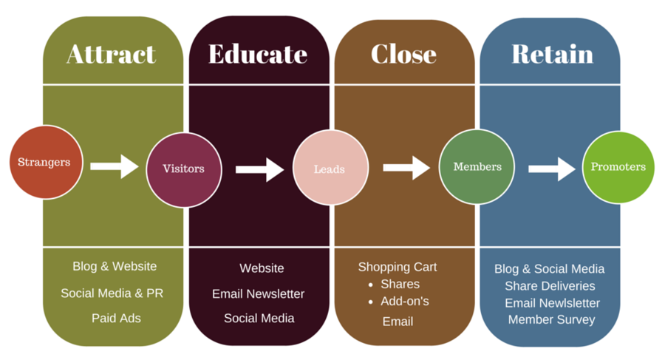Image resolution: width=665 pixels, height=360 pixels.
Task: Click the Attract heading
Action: pyautogui.click(x=112, y=54)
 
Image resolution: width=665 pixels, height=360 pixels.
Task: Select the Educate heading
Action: pyautogui.click(x=257, y=54)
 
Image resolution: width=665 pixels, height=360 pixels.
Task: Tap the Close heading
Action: pyautogui.click(x=403, y=54)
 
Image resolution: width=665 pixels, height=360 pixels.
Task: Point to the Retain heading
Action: pyautogui.click(x=552, y=54)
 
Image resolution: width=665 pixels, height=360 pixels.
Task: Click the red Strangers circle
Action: pyautogui.click(x=44, y=162)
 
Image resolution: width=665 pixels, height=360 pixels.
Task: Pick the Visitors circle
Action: pyautogui.click(x=183, y=169)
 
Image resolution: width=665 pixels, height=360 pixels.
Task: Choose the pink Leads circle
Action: pyautogui.click(x=330, y=169)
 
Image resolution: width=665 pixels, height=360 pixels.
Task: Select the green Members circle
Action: pyautogui.click(x=477, y=167)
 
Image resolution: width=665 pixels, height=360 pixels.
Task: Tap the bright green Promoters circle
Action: pyautogui.click(x=618, y=167)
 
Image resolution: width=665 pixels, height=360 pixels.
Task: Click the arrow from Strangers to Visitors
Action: pyautogui.click(x=115, y=166)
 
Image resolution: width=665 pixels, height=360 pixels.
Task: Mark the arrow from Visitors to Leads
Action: pyautogui.click(x=260, y=169)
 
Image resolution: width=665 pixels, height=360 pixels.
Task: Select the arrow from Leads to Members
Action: pyautogui.click(x=406, y=167)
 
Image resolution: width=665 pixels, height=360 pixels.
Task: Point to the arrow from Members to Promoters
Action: pyautogui.click(x=552, y=169)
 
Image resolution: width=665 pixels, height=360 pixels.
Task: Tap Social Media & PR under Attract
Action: pyautogui.click(x=112, y=293)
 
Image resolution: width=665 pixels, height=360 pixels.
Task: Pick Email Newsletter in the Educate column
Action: pyautogui.click(x=258, y=293)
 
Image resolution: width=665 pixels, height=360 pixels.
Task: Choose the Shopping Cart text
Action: pyautogui.click(x=398, y=267)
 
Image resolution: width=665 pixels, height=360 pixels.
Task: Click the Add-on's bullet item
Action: pyautogui.click(x=405, y=302)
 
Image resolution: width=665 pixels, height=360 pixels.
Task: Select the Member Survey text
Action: pyautogui.click(x=551, y=319)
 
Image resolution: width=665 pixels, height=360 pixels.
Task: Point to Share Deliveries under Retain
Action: pyautogui.click(x=550, y=285)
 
